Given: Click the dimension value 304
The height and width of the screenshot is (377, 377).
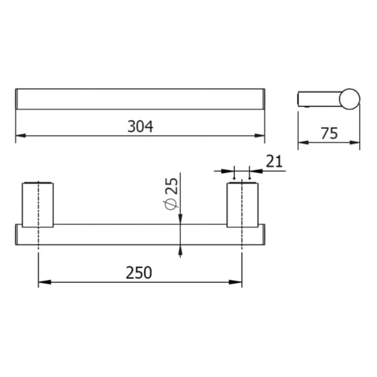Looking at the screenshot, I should click(140, 126).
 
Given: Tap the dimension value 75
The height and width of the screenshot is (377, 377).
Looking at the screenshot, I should click(329, 133).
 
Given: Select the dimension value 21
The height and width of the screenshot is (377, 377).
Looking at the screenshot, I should click(274, 160).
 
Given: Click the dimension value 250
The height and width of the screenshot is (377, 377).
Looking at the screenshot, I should click(139, 273).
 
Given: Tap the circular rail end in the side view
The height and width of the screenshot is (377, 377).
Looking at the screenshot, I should click(350, 99).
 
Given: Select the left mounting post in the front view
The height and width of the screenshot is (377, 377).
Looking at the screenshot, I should click(38, 205).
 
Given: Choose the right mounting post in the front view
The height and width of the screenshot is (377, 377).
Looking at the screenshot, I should click(242, 205).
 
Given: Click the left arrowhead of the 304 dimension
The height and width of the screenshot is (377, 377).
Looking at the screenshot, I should click(19, 135).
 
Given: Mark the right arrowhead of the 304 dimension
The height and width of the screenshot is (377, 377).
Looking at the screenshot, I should click(261, 135).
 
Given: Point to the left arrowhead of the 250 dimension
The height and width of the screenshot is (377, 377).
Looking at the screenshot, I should click(42, 282).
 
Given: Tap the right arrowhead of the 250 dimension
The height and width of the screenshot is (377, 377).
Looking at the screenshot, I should click(238, 282).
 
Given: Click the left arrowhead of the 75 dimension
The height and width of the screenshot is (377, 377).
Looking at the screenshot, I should click(302, 143).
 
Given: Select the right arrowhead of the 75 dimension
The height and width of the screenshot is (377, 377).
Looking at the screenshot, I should click(356, 143).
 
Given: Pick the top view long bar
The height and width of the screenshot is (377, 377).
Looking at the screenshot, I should click(140, 99).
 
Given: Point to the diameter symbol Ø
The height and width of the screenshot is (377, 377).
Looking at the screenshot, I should click(171, 205).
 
